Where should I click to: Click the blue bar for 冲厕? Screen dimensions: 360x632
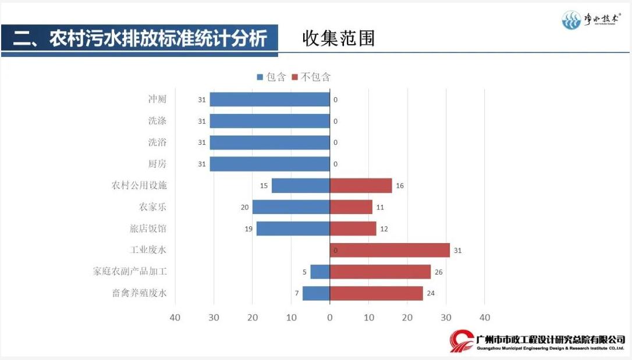(269, 99)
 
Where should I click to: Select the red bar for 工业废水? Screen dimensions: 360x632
(389, 250)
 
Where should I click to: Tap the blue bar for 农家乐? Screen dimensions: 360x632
(290, 207)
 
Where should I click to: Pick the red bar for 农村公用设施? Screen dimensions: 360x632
(360, 186)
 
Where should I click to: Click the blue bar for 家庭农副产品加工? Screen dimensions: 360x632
(319, 272)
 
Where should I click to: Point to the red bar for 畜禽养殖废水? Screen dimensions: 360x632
(376, 293)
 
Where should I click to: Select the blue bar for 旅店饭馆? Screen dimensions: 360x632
(293, 229)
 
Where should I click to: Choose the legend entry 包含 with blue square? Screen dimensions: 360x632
(271, 77)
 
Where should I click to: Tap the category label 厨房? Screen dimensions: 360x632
(157, 164)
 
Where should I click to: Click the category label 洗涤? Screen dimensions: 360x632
(157, 121)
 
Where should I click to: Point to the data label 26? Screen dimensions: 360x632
(438, 272)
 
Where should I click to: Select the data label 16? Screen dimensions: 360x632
(400, 186)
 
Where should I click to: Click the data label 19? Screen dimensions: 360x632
(248, 229)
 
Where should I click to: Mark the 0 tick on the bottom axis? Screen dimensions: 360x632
(330, 318)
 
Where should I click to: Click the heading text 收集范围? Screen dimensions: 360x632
(339, 38)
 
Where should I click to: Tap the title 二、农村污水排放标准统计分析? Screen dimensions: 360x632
(140, 38)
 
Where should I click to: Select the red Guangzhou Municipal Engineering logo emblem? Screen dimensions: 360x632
(461, 341)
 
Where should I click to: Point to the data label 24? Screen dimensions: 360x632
(431, 293)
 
